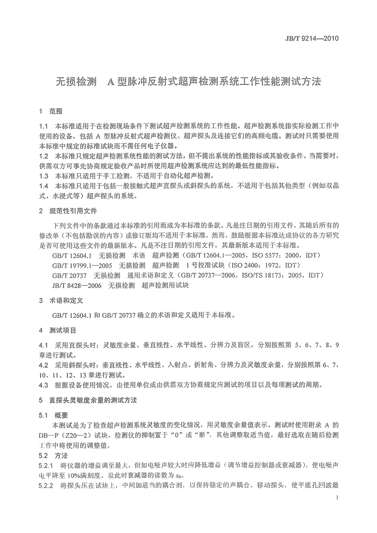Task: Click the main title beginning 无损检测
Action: (x=188, y=81)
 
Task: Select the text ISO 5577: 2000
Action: (x=266, y=255)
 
